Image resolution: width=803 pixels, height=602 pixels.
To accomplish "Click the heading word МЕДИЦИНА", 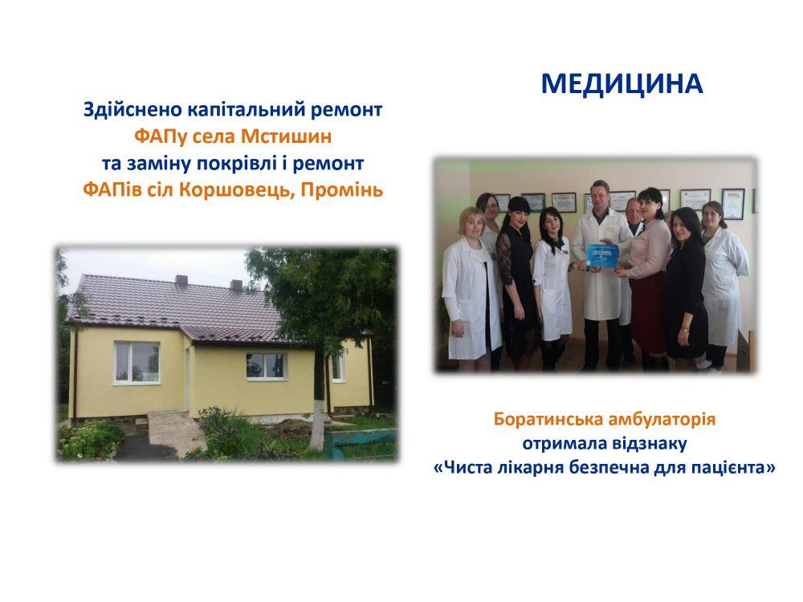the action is click(x=622, y=84).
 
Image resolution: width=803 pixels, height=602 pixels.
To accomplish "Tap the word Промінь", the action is click(x=342, y=190).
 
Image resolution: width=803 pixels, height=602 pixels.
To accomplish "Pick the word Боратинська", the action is click(x=548, y=419).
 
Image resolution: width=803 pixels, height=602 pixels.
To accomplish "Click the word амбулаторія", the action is click(x=662, y=420).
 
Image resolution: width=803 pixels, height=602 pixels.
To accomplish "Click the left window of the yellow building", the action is click(x=137, y=362).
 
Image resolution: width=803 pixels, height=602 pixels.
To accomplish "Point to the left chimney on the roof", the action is click(x=181, y=279).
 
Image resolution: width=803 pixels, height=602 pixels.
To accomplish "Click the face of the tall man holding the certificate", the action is click(x=598, y=195).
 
